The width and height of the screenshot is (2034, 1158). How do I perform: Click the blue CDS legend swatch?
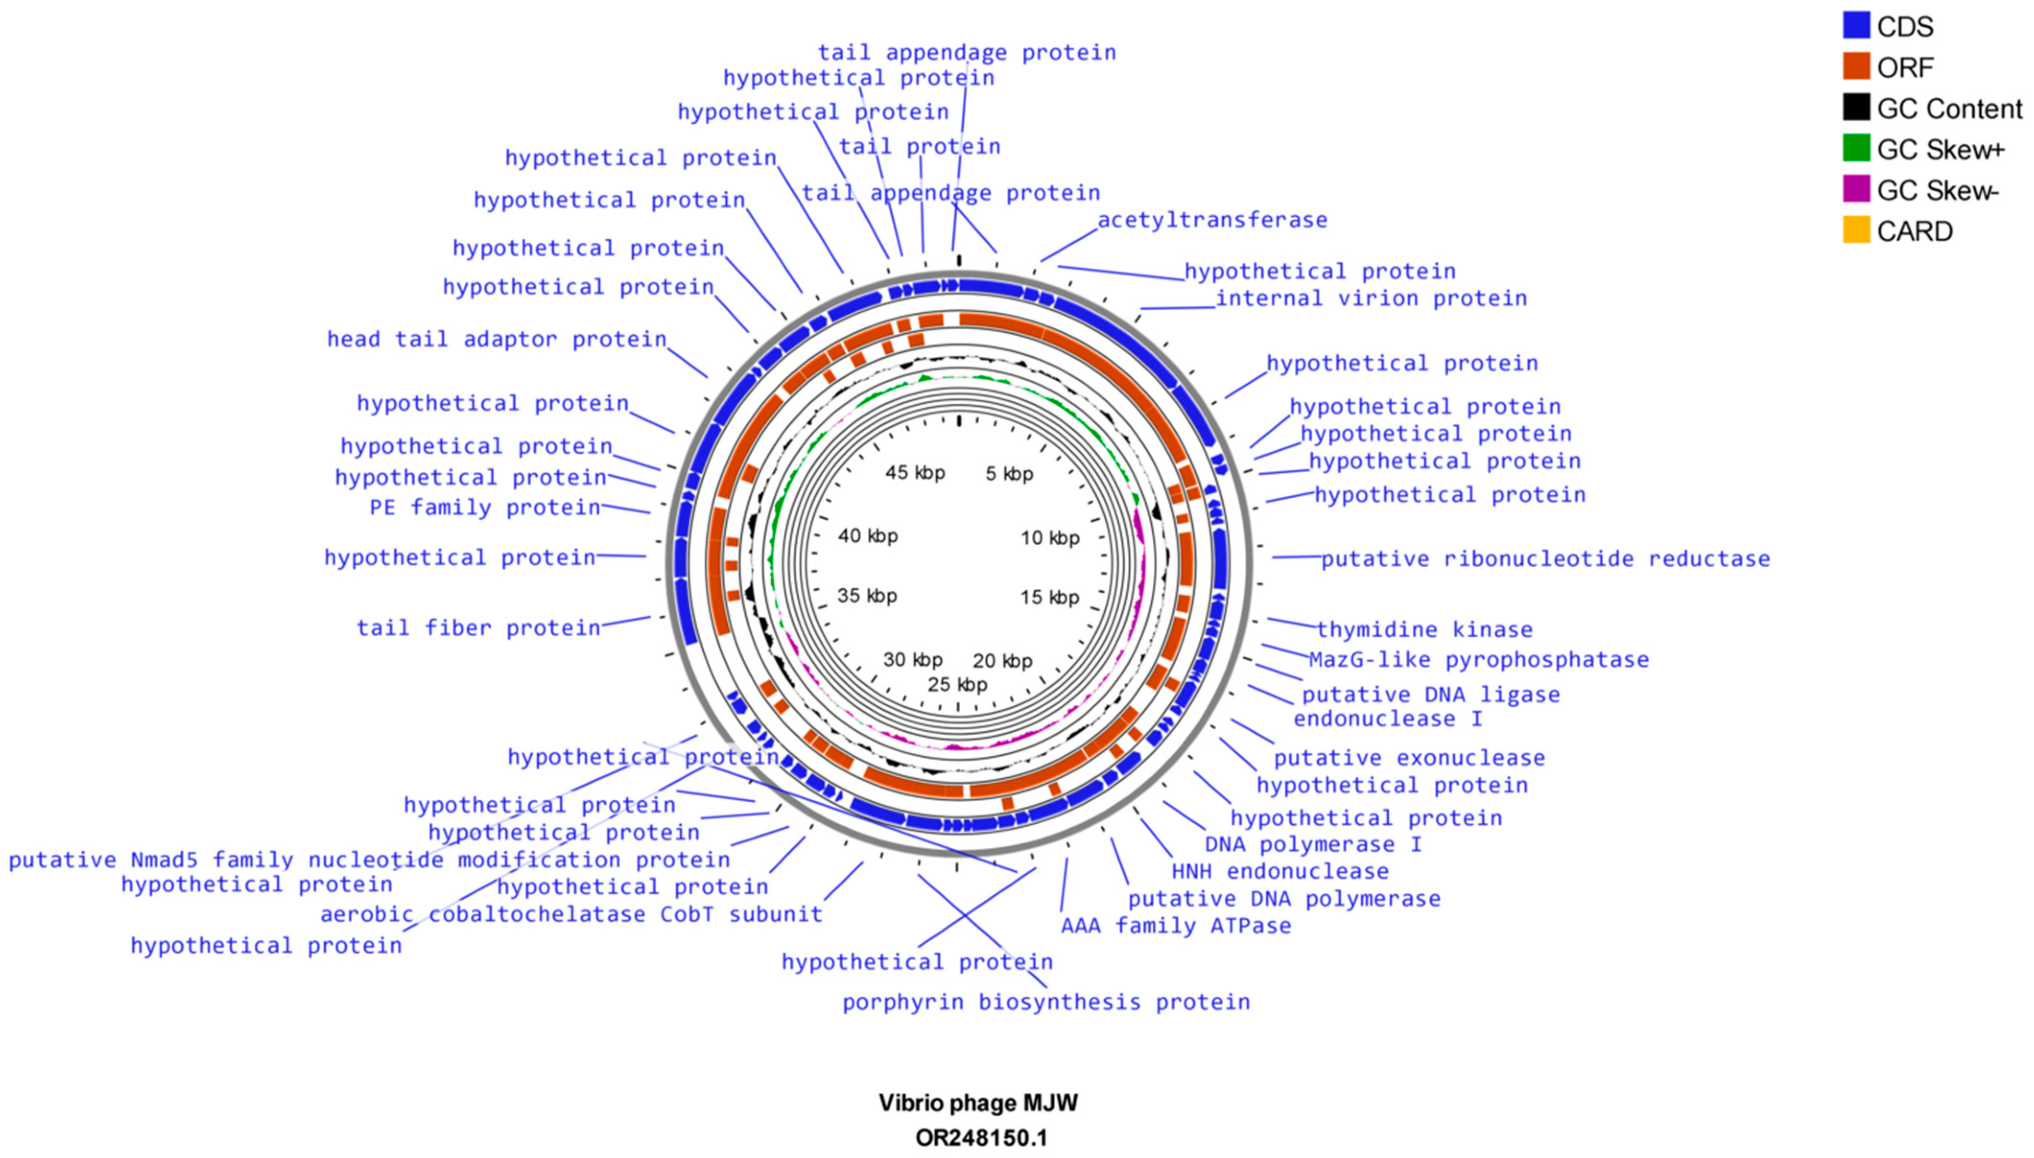click(1856, 25)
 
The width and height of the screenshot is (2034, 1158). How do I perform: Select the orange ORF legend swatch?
click(1856, 67)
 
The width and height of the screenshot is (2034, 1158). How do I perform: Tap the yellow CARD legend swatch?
click(1856, 231)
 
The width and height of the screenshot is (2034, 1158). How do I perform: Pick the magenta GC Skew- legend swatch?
click(1856, 190)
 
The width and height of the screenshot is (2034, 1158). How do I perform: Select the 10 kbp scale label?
click(1050, 538)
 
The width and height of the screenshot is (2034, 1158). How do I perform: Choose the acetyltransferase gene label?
click(1212, 220)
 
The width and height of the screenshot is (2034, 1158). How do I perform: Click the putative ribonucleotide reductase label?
click(1545, 559)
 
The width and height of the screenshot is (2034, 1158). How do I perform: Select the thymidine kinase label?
click(1424, 630)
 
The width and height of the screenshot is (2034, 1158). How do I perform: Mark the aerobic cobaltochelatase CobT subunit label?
click(571, 914)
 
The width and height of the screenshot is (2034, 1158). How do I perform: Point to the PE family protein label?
click(485, 507)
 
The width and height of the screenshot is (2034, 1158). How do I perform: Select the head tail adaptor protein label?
click(497, 339)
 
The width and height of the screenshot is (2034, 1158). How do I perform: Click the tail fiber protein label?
click(479, 628)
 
